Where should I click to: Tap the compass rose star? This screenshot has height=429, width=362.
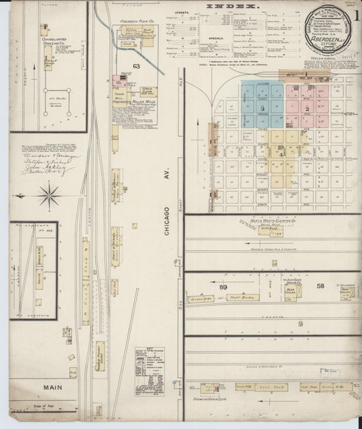(x=49, y=196)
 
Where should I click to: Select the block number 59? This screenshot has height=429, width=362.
(x=223, y=288)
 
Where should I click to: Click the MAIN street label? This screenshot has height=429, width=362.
(x=54, y=388)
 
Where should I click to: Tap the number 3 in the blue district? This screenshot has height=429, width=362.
(x=262, y=108)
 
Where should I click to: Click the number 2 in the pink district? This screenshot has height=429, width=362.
(x=307, y=108)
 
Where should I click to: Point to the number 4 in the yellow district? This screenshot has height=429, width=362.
(x=280, y=154)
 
